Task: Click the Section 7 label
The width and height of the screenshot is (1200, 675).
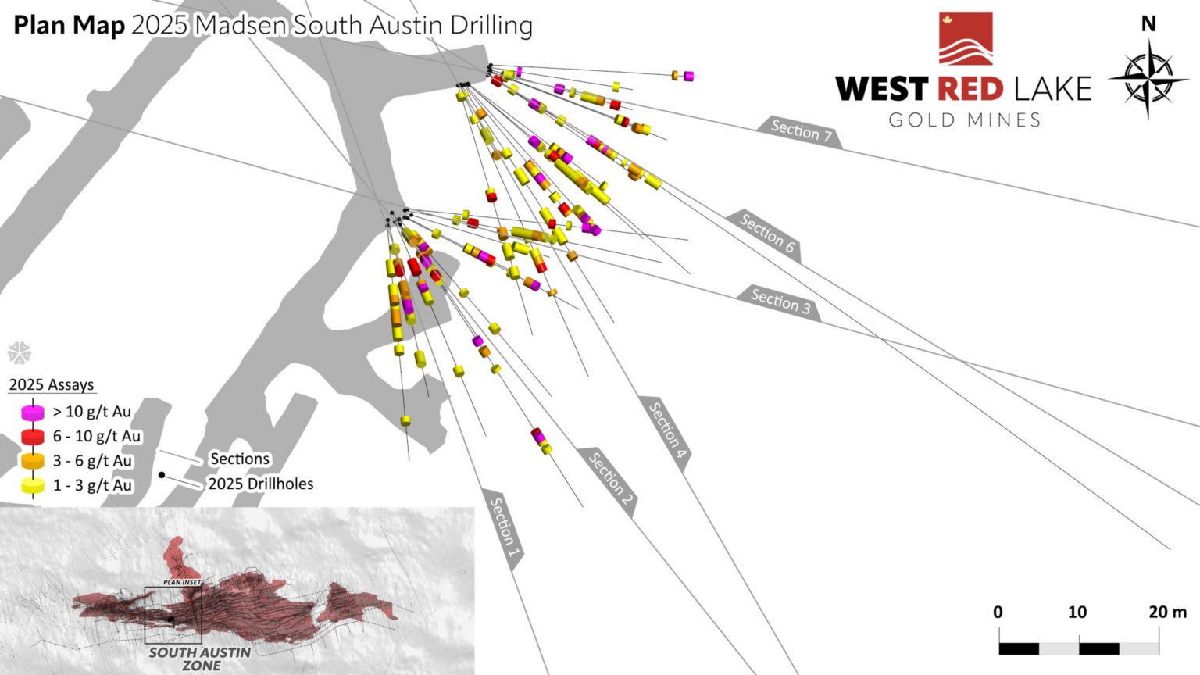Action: tap(796, 130)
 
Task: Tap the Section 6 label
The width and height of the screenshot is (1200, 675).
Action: tap(767, 233)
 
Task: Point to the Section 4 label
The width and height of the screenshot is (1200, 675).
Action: tap(668, 430)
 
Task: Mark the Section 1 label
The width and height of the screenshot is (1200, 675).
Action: tap(505, 527)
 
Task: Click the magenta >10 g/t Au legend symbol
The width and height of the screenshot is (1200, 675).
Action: tap(33, 412)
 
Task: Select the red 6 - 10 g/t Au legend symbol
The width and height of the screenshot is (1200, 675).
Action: tap(33, 436)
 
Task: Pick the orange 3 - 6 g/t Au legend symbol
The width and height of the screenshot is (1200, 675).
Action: tap(33, 461)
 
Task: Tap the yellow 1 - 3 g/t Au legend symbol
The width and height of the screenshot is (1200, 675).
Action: tap(33, 485)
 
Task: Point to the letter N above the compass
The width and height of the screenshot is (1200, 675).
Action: tap(1148, 24)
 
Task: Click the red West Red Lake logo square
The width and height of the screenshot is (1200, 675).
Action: tap(966, 37)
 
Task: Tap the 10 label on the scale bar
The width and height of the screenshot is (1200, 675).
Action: tap(1077, 612)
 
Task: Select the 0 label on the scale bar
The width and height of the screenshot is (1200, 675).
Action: tap(998, 612)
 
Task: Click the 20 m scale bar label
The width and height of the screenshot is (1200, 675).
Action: tap(1167, 612)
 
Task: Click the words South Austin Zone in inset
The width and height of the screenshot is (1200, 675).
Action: tap(200, 659)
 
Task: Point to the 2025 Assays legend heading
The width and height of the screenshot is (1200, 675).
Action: tap(52, 384)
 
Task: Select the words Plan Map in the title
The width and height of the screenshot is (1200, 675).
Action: tap(70, 25)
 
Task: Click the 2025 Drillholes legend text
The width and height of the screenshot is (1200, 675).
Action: tap(260, 484)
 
